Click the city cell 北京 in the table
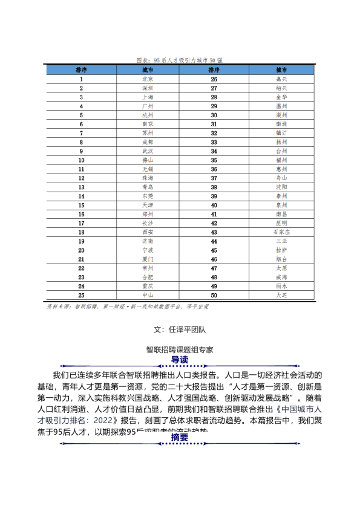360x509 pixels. pyautogui.click(x=147, y=79)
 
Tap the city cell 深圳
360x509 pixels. pyautogui.click(x=147, y=88)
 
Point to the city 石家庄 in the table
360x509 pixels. pyautogui.click(x=281, y=232)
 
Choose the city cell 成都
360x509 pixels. pyautogui.click(x=147, y=141)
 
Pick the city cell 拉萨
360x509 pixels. pyautogui.click(x=281, y=250)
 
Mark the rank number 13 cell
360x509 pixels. pyautogui.click(x=81, y=187)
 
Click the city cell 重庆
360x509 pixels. pyautogui.click(x=147, y=285)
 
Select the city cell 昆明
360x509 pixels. pyautogui.click(x=281, y=222)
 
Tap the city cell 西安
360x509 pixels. pyautogui.click(x=147, y=232)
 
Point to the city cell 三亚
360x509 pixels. pyautogui.click(x=281, y=241)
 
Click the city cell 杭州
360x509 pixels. pyautogui.click(x=147, y=115)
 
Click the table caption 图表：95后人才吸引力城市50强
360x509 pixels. pyautogui.click(x=180, y=60)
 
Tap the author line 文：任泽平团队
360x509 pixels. pyautogui.click(x=180, y=330)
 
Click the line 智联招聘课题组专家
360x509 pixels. pyautogui.click(x=180, y=349)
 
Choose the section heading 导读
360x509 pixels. pyautogui.click(x=180, y=360)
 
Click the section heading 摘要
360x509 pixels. pyautogui.click(x=180, y=437)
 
